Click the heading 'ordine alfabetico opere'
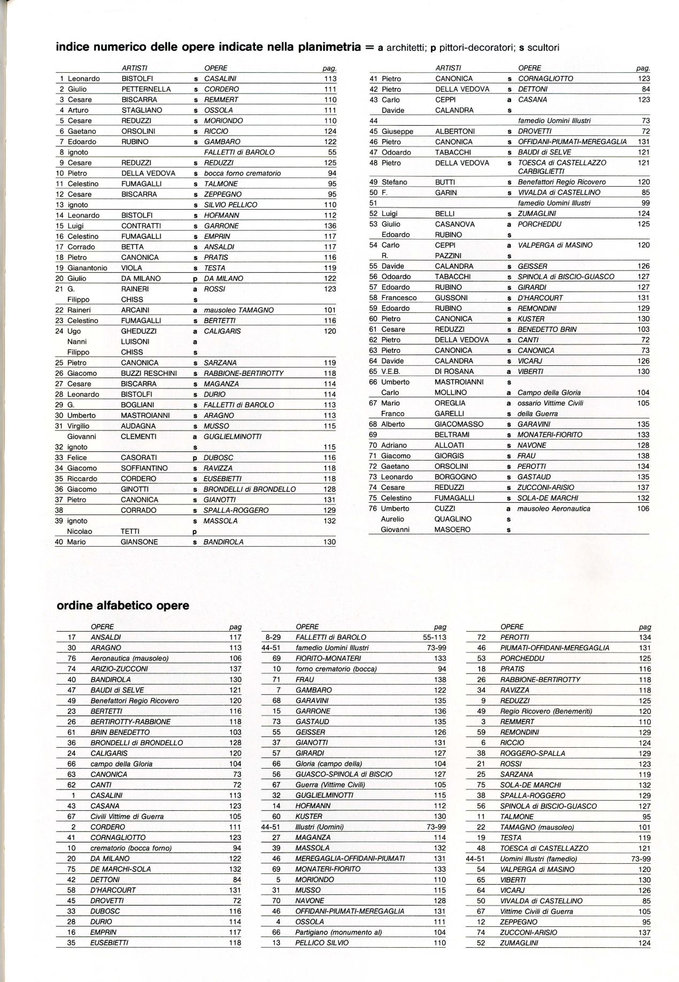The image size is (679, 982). click(x=122, y=605)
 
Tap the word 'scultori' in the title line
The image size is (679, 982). click(x=543, y=48)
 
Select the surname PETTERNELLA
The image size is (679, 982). click(x=145, y=89)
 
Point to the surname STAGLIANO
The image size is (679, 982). click(x=142, y=110)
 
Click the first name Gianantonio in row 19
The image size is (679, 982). click(x=87, y=268)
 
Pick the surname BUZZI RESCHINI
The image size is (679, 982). click(x=149, y=373)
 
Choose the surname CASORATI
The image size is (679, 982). click(x=138, y=458)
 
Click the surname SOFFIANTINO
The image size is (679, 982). click(x=144, y=468)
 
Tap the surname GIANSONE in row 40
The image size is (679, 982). click(x=140, y=542)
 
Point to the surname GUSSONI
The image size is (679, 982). click(x=451, y=298)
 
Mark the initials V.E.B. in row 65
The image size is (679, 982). click(x=391, y=372)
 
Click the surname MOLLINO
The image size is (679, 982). click(x=450, y=393)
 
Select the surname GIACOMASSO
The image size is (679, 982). click(x=459, y=424)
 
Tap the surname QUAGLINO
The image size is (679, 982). click(x=453, y=519)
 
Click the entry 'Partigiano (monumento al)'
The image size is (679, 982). click(x=338, y=932)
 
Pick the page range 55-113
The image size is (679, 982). click(x=433, y=637)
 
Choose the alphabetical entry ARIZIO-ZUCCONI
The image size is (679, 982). click(x=119, y=669)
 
